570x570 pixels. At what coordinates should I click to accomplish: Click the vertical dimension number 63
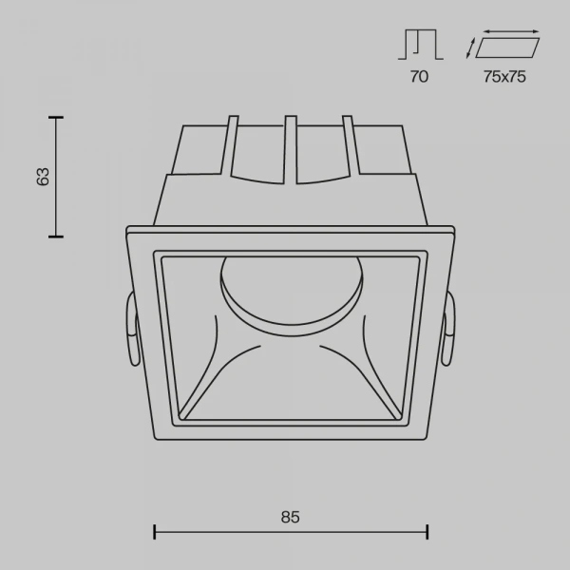pyautogui.click(x=42, y=176)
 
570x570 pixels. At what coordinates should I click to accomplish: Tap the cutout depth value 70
pyautogui.click(x=419, y=77)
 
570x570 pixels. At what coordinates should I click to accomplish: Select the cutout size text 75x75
pyautogui.click(x=504, y=77)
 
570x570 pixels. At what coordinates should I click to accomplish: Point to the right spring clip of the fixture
pyautogui.click(x=447, y=328)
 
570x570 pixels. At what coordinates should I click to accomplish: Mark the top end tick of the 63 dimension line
pyautogui.click(x=56, y=117)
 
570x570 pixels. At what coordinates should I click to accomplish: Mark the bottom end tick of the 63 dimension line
pyautogui.click(x=56, y=235)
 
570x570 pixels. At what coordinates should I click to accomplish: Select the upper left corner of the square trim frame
pyautogui.click(x=128, y=228)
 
